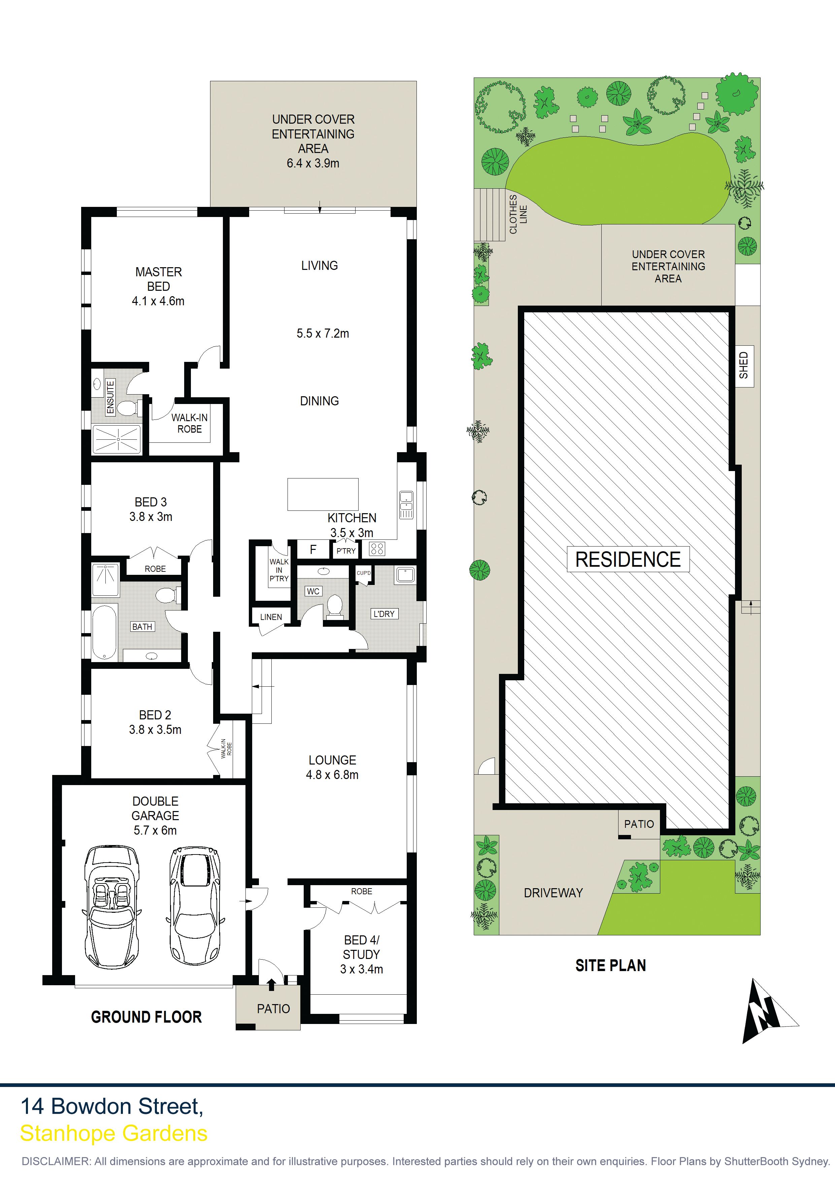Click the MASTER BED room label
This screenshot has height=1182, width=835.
pos(159,279)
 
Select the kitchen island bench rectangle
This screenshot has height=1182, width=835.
pos(323,494)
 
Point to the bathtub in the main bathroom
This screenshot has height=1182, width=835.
pos(104,632)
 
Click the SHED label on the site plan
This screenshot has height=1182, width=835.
pos(743,366)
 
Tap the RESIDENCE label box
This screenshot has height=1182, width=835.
pos(628,560)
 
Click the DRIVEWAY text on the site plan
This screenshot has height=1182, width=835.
pos(553,893)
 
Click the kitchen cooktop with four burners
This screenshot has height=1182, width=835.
pos(377,549)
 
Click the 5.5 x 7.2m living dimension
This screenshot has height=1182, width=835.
pos(323,334)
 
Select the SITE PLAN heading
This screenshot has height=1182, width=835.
pos(611,966)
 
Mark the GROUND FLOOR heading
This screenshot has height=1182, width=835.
pos(146,1017)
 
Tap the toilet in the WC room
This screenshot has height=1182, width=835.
pos(334,605)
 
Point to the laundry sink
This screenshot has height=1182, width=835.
pos(405,575)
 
